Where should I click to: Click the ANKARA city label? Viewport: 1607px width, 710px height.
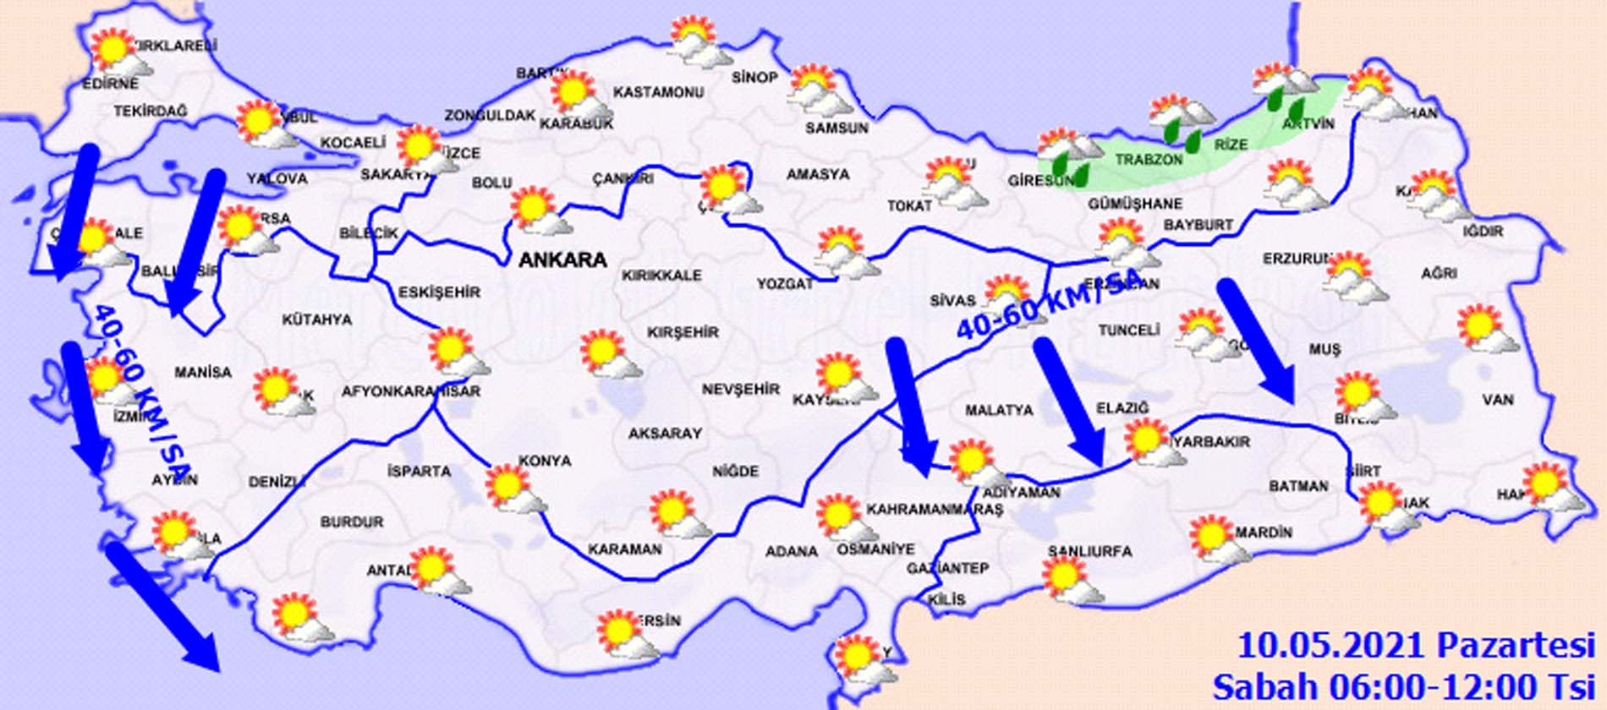click(562, 260)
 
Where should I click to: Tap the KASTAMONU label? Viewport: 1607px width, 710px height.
click(658, 92)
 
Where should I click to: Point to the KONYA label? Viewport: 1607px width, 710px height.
click(545, 461)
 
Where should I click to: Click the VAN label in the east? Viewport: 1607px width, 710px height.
click(1497, 399)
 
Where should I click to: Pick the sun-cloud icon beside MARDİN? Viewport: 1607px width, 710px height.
click(1219, 539)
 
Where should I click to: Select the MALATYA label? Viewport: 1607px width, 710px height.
click(999, 410)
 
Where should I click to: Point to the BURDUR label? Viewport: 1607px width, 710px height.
click(352, 522)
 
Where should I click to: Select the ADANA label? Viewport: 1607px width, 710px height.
click(792, 552)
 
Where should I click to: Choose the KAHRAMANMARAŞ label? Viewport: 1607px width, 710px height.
click(934, 510)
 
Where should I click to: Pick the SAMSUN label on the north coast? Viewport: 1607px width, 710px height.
click(836, 128)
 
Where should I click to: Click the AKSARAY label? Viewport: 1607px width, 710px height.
click(665, 434)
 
